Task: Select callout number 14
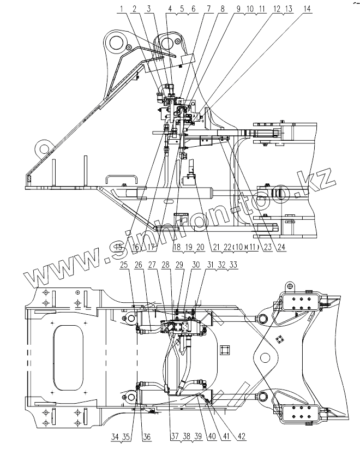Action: pyautogui.click(x=308, y=9)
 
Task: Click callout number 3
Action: pyautogui.click(x=148, y=9)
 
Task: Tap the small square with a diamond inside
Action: pyautogui.click(x=280, y=340)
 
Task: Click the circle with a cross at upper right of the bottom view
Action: pyautogui.click(x=290, y=286)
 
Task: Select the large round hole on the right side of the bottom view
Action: pyautogui.click(x=265, y=358)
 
